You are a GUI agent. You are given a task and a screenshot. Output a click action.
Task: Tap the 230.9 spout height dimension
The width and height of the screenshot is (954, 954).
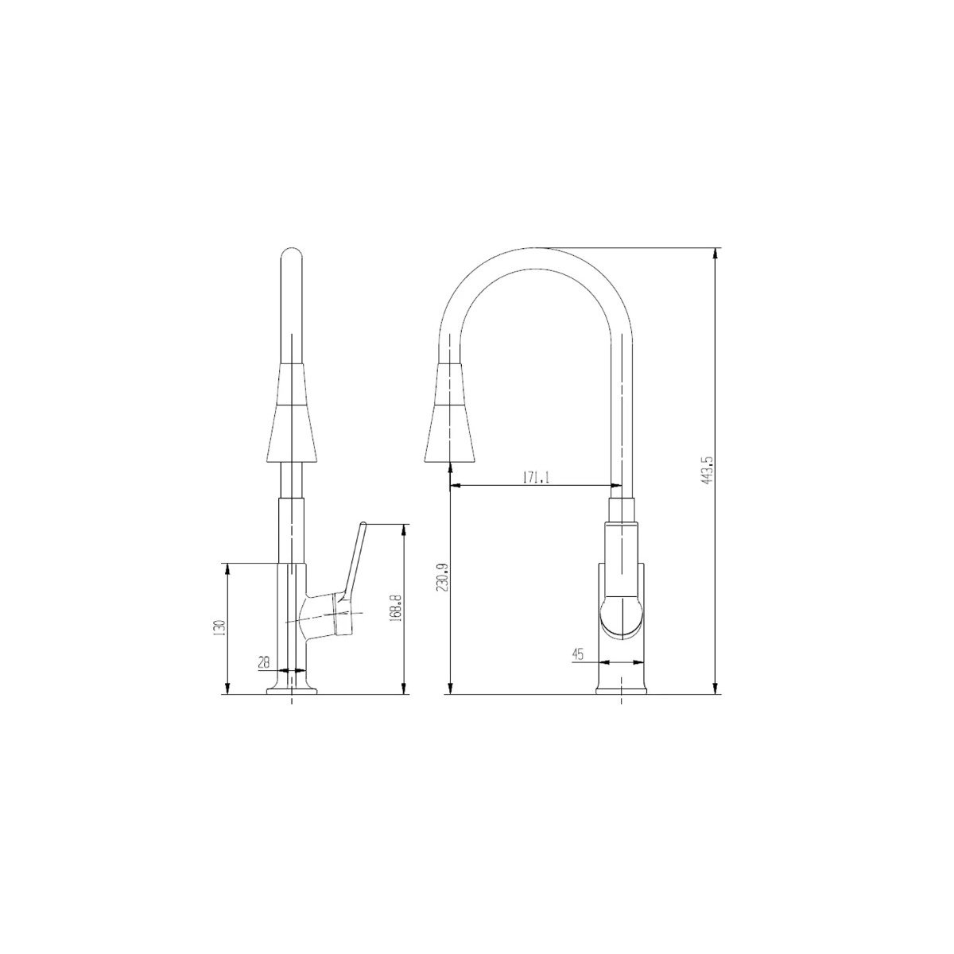coord(443,576)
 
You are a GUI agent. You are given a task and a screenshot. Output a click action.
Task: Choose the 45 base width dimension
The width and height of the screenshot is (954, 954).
coord(578,654)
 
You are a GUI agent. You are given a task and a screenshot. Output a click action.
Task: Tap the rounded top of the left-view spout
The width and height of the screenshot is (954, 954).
coord(291,257)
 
